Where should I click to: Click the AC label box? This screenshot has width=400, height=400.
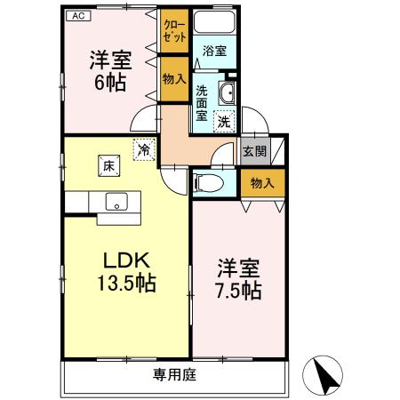coord(77,15)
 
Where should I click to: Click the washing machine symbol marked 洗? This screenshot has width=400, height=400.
coord(227,119)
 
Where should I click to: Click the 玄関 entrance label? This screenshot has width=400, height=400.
coord(255,151)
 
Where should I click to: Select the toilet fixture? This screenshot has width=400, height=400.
coord(207,184)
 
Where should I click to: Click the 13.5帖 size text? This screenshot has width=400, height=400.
coord(128,284)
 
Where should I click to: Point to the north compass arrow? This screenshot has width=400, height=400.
coord(326,376)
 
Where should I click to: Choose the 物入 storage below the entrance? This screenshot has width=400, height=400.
coord(262,183)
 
